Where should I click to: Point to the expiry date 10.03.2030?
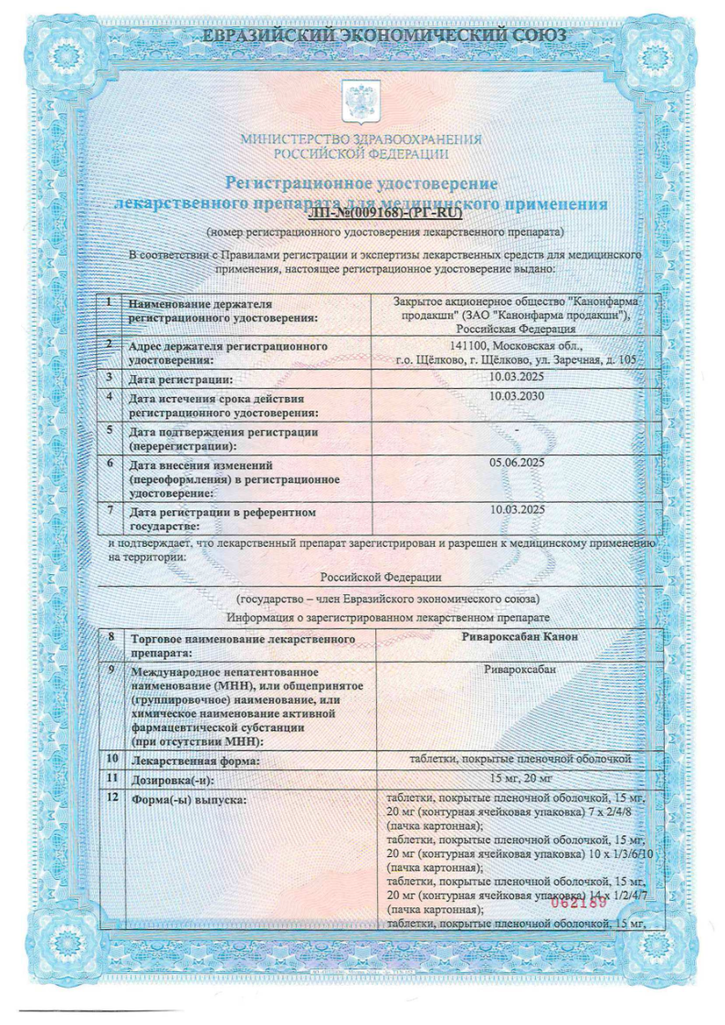tap(517, 396)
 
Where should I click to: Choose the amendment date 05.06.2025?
tap(517, 463)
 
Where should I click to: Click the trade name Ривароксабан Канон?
tap(517, 636)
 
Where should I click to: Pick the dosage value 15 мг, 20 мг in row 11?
tap(517, 777)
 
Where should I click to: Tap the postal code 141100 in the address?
tap(471, 346)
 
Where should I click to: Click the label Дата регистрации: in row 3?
tap(181, 379)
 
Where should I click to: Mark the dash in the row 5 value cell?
tap(517, 429)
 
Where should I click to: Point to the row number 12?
tap(112, 797)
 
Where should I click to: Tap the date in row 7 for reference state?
tap(517, 508)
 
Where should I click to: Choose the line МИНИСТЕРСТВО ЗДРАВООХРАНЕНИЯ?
tap(361, 140)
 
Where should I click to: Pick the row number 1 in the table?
tap(110, 301)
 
